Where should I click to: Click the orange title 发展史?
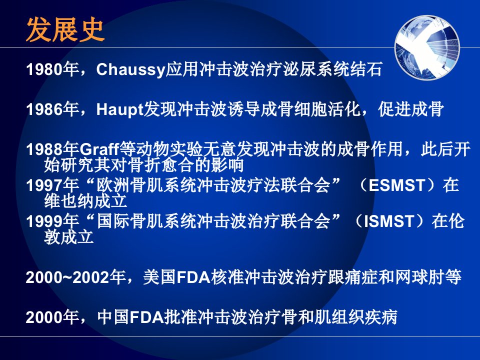(65, 29)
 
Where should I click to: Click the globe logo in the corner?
(427, 48)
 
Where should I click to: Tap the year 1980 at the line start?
(44, 69)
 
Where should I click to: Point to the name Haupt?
(119, 109)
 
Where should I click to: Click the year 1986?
(44, 109)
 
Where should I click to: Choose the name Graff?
(99, 149)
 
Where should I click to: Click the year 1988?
(44, 149)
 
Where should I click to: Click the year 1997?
(44, 185)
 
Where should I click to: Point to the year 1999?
(44, 221)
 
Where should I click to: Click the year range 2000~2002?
(67, 277)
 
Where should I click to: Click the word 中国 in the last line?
(113, 317)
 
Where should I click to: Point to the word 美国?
(159, 277)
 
